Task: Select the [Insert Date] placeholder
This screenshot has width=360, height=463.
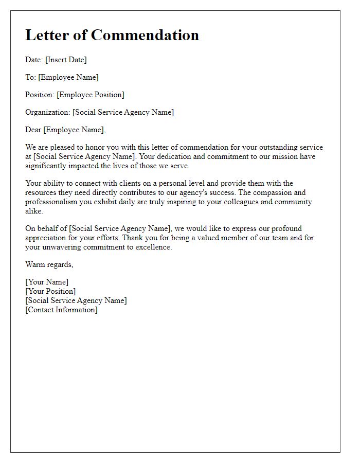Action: click(x=66, y=60)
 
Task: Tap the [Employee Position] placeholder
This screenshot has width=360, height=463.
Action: click(x=91, y=95)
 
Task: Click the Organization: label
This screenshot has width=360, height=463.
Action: click(x=48, y=112)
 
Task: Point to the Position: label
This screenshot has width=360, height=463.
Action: click(x=40, y=95)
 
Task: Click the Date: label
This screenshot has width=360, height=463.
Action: click(x=34, y=60)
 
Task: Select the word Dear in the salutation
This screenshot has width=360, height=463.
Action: click(x=33, y=130)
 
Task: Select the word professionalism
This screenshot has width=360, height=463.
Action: click(x=51, y=202)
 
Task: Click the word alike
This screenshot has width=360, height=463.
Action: click(x=34, y=211)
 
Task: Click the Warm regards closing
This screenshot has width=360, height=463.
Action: click(x=49, y=264)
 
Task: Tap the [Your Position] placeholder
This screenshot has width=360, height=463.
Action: click(x=50, y=291)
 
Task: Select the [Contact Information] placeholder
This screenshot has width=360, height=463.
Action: click(x=61, y=310)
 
